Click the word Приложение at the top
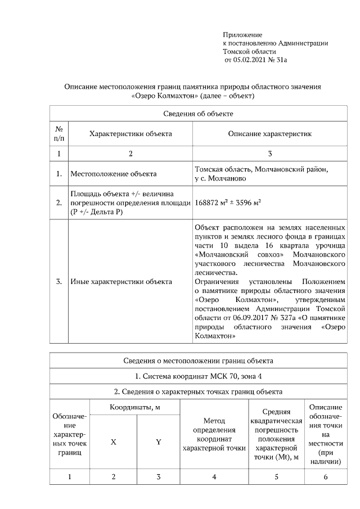[x=242, y=35]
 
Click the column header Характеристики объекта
[x=130, y=134]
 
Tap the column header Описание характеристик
[x=269, y=134]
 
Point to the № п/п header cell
[x=58, y=134]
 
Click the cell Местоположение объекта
[x=113, y=174]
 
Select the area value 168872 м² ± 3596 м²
[x=227, y=203]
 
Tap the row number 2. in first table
[x=58, y=203]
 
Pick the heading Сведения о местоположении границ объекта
[x=198, y=361]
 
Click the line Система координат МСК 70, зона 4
[x=198, y=376]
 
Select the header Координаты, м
[x=134, y=407]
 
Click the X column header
[x=113, y=442]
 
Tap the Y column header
[x=158, y=442]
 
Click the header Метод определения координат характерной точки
[x=214, y=434]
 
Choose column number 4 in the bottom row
[x=214, y=478]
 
